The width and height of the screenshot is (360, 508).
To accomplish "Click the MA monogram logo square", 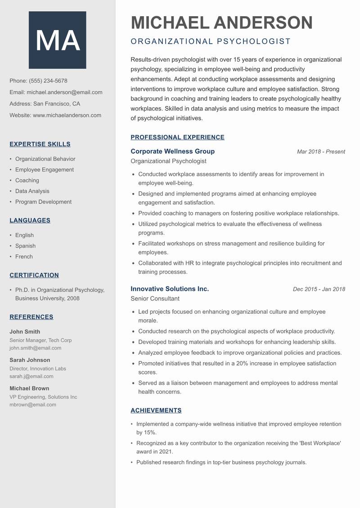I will [x=58, y=40].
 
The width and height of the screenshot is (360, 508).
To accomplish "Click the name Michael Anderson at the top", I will [x=221, y=22].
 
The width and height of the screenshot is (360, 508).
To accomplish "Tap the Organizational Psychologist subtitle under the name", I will [x=211, y=42].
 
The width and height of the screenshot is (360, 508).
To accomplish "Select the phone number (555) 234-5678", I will [x=48, y=81].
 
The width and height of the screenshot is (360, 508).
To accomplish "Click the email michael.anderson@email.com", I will [x=64, y=92].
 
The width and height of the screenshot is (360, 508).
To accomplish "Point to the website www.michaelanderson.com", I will [x=67, y=115].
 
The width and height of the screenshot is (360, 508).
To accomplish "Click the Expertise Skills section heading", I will [x=40, y=144].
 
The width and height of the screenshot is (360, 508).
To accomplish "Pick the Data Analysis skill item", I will [x=32, y=191].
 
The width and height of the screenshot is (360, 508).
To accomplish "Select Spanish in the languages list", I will [x=25, y=246].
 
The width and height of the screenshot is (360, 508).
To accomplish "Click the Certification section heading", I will [x=34, y=275].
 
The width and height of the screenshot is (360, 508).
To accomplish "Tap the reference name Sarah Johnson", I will [x=30, y=360].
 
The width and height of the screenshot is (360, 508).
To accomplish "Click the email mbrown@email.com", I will [x=33, y=405].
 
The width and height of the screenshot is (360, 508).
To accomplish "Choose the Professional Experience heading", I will [x=177, y=138].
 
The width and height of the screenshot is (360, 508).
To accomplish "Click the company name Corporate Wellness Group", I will [x=172, y=152].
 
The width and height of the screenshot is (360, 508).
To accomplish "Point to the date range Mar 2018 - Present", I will [x=321, y=152].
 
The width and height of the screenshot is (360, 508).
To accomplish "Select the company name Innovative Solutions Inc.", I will [x=170, y=289].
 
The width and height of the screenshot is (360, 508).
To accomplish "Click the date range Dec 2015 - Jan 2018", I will [x=319, y=290].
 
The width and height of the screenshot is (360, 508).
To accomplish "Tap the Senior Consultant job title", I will [x=155, y=299].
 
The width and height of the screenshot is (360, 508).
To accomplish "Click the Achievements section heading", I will [x=156, y=410].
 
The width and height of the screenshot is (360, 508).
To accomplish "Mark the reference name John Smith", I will [x=25, y=332].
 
